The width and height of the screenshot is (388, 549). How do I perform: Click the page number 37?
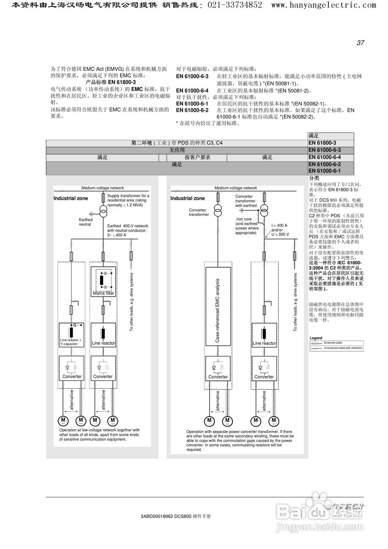[x=360, y=43]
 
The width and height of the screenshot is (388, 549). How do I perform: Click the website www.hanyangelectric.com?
[x=324, y=5]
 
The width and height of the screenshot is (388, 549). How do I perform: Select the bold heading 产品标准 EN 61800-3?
[x=111, y=82]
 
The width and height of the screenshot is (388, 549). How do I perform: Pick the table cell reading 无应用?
[x=177, y=150]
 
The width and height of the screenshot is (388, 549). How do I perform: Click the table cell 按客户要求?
[x=197, y=157]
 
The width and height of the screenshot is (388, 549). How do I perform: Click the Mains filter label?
[x=103, y=293]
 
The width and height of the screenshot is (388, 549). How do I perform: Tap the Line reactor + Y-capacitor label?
[x=70, y=342]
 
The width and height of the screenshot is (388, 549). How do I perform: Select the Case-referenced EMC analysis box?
[x=218, y=306]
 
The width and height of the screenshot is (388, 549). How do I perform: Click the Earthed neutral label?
[x=85, y=222]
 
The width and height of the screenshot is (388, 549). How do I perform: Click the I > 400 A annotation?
[x=279, y=225]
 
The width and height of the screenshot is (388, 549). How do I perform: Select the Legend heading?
[x=316, y=338]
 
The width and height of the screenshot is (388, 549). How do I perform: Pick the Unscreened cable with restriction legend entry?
[x=343, y=348]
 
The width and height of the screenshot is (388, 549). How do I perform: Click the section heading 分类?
[x=314, y=178]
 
